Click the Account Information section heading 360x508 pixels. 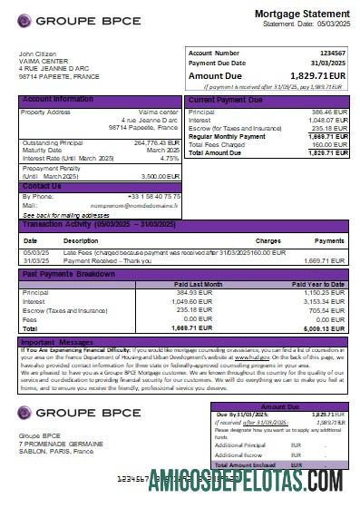(57, 99)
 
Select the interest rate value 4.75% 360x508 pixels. (170, 158)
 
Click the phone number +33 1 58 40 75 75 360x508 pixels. (154, 196)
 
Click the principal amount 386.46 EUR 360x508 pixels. (329, 112)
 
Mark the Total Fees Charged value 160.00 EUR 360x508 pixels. (329, 144)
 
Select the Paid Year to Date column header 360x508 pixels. (324, 284)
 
